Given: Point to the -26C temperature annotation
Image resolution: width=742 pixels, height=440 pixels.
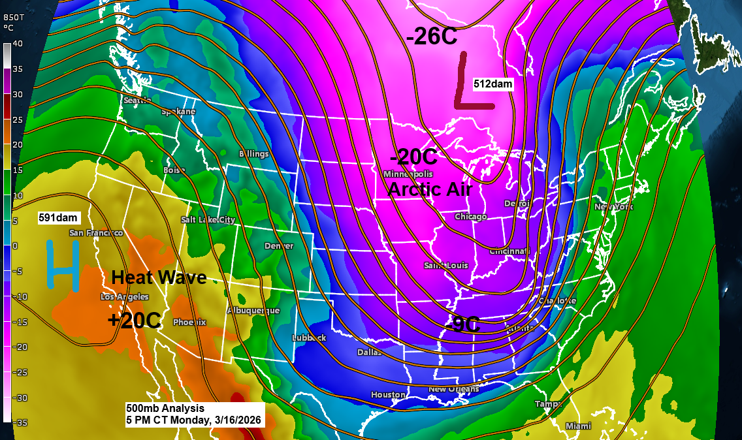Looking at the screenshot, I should click(432, 37).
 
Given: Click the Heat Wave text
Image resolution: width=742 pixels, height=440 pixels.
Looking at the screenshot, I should click(159, 277).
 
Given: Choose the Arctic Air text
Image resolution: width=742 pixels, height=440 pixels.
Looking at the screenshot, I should click(430, 189).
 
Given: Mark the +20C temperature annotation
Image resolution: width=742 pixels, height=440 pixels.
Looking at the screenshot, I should click(135, 320).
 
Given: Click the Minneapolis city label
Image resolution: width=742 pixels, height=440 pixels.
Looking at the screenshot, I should click(408, 174).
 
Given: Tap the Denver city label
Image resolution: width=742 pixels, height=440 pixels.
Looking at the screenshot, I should click(279, 246).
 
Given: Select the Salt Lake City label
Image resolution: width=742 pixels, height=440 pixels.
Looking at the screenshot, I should click(208, 220).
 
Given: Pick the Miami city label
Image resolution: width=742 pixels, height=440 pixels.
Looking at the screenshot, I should click(578, 426).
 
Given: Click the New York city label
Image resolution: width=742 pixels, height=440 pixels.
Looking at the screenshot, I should click(614, 207).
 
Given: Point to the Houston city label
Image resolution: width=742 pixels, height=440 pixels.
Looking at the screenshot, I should click(388, 394).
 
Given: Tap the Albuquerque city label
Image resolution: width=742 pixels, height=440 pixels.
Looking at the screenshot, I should click(253, 311).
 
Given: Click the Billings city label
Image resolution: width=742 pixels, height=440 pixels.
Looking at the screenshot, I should click(253, 154).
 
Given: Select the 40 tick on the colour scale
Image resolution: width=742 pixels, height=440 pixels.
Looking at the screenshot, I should click(18, 44).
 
